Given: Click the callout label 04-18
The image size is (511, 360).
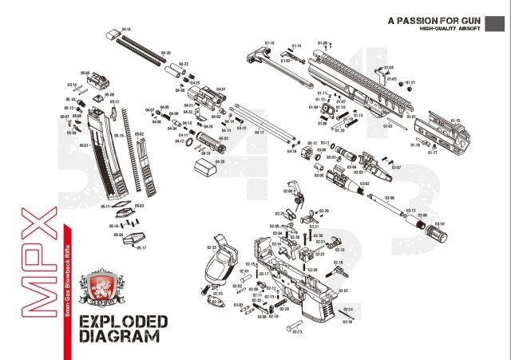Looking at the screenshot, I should (125, 30).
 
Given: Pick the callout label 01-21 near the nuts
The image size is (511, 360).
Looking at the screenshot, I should (410, 82).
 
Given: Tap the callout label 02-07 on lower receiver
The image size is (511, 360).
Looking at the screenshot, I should (343, 291).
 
